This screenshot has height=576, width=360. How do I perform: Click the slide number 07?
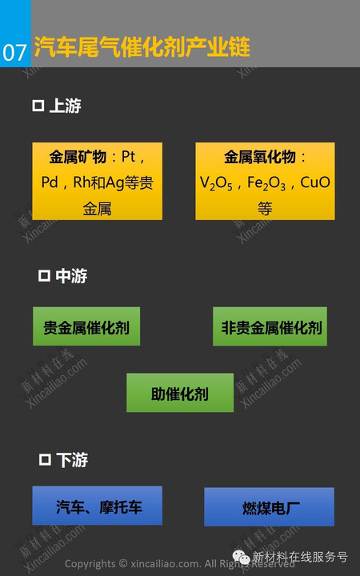click(14, 53)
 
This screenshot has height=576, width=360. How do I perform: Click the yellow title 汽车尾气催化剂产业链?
click(142, 47)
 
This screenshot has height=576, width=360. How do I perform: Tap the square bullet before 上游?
click(38, 106)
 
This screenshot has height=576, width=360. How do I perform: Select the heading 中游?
click(71, 276)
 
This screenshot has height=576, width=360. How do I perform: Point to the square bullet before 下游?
click(45, 459)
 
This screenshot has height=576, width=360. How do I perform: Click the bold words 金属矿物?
click(78, 158)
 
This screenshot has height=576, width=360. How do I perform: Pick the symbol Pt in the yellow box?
click(129, 157)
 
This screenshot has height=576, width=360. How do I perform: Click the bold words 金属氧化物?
click(260, 158)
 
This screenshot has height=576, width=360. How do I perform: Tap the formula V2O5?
click(216, 183)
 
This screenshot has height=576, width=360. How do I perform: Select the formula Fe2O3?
click(266, 183)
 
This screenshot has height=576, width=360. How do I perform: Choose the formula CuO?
click(315, 182)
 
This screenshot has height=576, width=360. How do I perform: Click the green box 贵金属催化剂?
click(86, 326)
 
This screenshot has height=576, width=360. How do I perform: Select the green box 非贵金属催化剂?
click(270, 326)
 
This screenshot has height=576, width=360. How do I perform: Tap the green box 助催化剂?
click(180, 393)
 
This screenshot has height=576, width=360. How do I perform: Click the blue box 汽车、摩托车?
click(98, 506)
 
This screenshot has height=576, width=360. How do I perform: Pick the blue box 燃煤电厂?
click(270, 506)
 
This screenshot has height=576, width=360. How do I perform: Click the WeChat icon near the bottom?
click(242, 558)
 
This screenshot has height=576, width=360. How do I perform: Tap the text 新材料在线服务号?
click(300, 557)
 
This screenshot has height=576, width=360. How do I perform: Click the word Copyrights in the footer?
click(90, 564)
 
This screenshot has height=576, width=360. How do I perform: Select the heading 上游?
click(65, 106)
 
